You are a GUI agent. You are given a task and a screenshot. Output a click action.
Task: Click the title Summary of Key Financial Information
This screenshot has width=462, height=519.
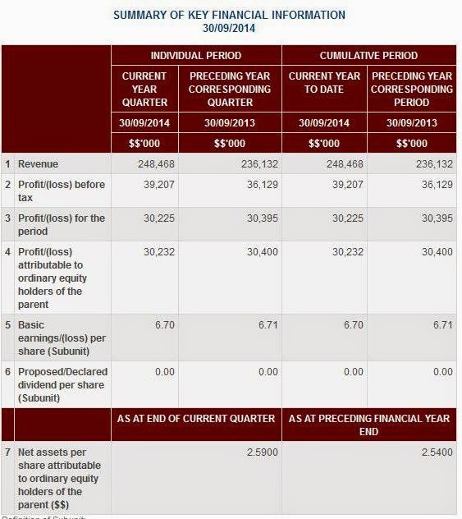pos(229,15)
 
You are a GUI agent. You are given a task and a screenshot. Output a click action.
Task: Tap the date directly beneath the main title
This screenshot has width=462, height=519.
pos(229,27)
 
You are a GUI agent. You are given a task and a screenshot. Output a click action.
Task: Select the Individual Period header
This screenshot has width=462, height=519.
pos(196,56)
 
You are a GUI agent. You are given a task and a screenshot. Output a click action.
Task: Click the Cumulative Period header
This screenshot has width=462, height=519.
pos(368,56)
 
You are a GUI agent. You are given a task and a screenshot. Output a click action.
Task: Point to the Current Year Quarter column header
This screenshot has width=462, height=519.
pos(144,89)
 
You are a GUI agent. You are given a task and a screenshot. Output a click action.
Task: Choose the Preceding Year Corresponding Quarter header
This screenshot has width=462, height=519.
pos(229,89)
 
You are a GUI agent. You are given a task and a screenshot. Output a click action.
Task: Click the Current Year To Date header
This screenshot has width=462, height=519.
pos(324,82)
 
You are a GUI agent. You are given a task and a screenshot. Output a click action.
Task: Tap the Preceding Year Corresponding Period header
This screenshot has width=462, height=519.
pos(412,89)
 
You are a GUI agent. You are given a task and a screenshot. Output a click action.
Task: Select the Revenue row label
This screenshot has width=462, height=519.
pos(38,164)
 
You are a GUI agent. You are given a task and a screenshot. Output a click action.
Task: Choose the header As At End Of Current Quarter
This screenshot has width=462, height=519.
pos(196,419)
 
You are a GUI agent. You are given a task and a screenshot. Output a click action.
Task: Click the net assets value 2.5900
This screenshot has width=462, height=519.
pos(263,452)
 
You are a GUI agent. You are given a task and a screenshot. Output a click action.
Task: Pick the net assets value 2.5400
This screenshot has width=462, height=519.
pos(436,452)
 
